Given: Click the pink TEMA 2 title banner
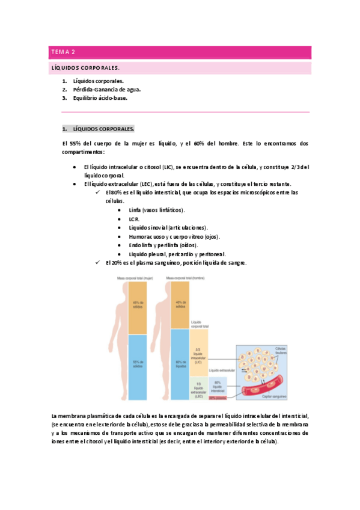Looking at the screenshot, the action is pos(180,52).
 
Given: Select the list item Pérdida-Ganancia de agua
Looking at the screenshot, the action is pos(106,89).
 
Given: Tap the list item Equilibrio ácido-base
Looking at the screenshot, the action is pos(100,97).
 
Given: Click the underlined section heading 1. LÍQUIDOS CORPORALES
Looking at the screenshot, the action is pos(99,129).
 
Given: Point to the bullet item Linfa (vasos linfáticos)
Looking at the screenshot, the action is pos(157,209).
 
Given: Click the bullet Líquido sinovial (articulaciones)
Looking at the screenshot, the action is pos(168,227).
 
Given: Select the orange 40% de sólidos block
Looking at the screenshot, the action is pos(180,306).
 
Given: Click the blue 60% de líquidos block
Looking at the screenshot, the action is pos(180,364).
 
